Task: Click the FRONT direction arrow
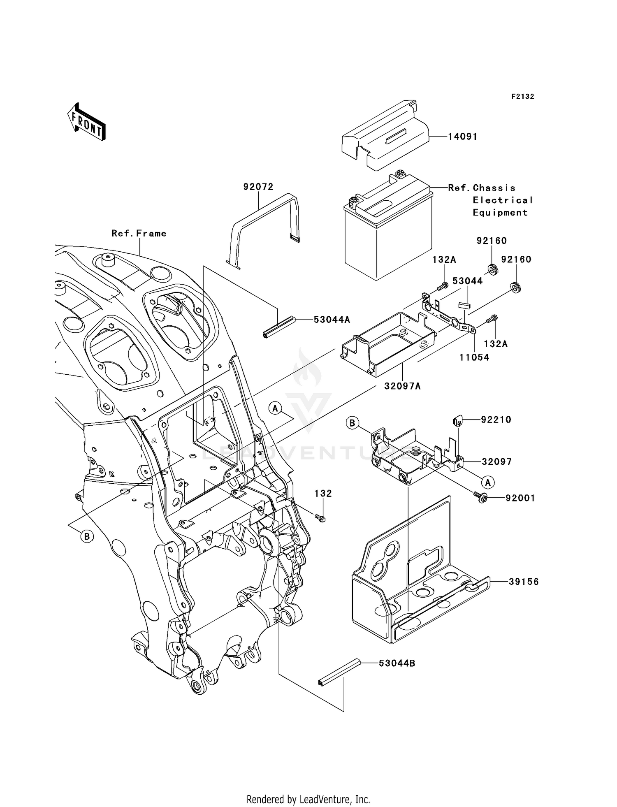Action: (87, 122)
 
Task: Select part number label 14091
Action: (463, 137)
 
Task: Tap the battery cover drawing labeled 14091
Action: (385, 134)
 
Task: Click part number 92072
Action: (258, 187)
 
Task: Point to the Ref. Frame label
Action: (139, 233)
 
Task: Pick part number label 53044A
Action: (333, 319)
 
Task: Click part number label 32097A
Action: (403, 386)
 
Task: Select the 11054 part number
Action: (475, 357)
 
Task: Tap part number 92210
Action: (496, 420)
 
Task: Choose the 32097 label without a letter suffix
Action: (497, 461)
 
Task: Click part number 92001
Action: (520, 498)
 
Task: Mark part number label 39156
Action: (524, 582)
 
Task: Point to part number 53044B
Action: (397, 663)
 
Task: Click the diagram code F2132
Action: (523, 97)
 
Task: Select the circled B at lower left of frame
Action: (87, 536)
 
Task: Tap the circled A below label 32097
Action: (488, 482)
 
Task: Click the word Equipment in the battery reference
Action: (500, 213)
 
